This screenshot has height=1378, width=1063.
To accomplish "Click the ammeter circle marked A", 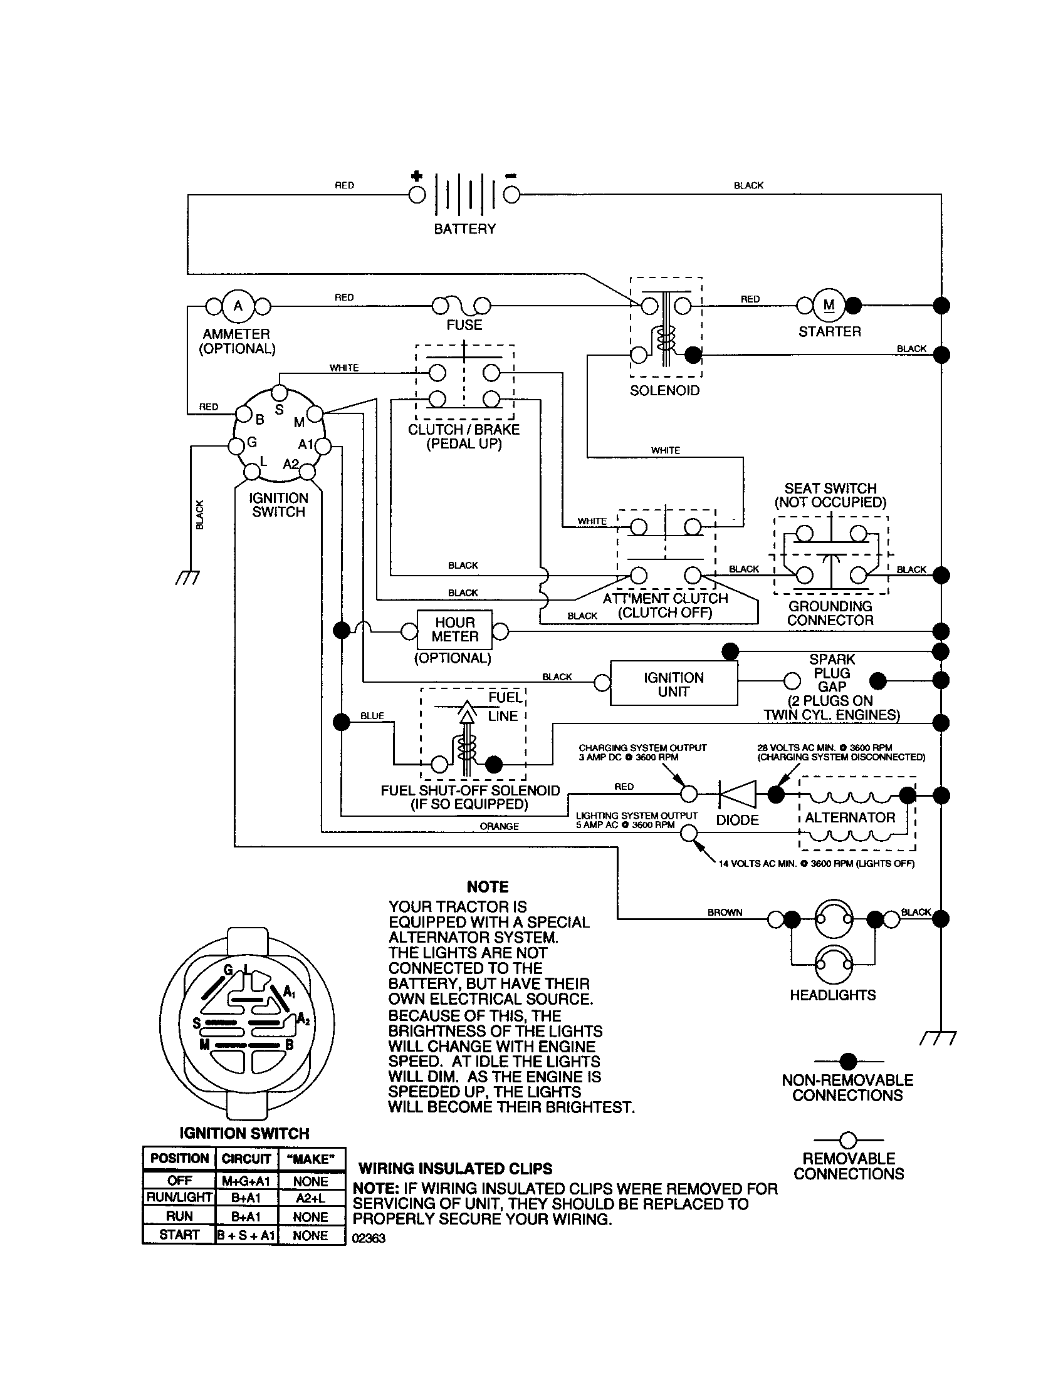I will pos(238,307).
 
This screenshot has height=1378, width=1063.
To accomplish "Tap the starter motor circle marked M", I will pos(829,306).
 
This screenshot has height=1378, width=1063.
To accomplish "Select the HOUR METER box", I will pos(454,629).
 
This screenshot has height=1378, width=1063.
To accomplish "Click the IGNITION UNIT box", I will pos(674,684).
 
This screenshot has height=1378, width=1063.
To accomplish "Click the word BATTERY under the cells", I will pos(464,229).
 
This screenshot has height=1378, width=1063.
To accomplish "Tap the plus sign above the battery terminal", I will pos(417,176).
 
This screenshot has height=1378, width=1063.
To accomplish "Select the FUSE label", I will pos(464,325).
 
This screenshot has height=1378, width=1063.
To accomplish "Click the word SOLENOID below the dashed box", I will pos(665,391).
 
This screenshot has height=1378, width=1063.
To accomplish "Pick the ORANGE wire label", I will pos(499,826).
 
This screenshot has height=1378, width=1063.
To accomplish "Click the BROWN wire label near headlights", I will pos(725,913).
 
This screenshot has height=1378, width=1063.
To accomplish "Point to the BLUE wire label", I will pos(372,715).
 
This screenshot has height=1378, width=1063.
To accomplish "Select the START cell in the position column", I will pos(179,1235).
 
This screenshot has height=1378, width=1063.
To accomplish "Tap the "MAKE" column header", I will pos(311,1159).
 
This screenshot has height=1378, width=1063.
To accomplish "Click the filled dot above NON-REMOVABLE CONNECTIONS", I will pos(849,1061).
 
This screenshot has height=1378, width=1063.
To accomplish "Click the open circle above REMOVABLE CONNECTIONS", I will pos(849,1140).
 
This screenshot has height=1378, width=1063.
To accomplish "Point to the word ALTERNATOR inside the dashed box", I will pos(850,817).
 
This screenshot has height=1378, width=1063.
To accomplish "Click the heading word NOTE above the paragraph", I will pos(488,887).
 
